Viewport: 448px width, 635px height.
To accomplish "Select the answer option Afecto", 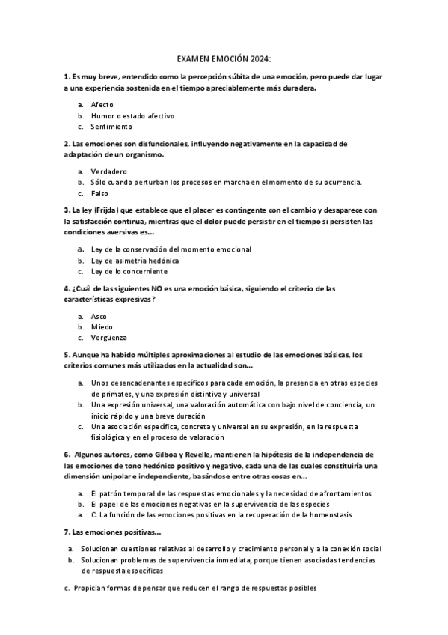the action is (x=102, y=104).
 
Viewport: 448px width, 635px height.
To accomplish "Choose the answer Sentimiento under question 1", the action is (x=111, y=127).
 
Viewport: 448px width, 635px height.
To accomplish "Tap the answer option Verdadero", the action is (x=108, y=171).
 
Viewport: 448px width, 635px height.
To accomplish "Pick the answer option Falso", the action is (x=99, y=193).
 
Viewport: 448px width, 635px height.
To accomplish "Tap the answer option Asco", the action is (x=99, y=316).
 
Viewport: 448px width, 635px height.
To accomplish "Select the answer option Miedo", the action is (x=102, y=327).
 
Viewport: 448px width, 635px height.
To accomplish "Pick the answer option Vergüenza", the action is (x=108, y=338).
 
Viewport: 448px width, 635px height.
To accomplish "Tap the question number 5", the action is (x=67, y=355).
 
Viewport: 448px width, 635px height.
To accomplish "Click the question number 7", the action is (x=67, y=532).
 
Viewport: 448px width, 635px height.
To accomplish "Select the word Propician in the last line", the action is (x=92, y=589).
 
